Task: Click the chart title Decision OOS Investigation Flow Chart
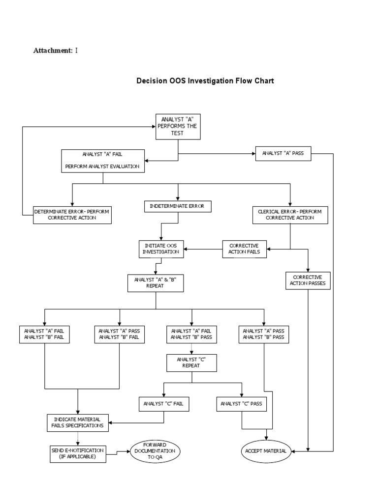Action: [205, 81]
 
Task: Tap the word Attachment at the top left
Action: [52, 50]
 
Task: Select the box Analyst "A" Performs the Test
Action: [178, 126]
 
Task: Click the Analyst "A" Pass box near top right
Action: [283, 153]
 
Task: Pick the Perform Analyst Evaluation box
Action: [102, 161]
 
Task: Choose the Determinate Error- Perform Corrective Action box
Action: [72, 215]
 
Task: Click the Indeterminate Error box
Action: [178, 207]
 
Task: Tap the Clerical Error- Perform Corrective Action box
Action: [289, 215]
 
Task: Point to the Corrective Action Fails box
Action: [245, 249]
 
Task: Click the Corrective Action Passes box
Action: [308, 280]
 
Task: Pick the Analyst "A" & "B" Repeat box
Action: [156, 283]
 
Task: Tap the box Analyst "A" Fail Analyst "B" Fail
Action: [44, 334]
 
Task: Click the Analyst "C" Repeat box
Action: [191, 363]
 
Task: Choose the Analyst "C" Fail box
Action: [163, 404]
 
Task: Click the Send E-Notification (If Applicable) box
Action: [78, 453]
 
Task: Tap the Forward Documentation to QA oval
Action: [156, 450]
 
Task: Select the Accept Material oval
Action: [266, 450]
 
